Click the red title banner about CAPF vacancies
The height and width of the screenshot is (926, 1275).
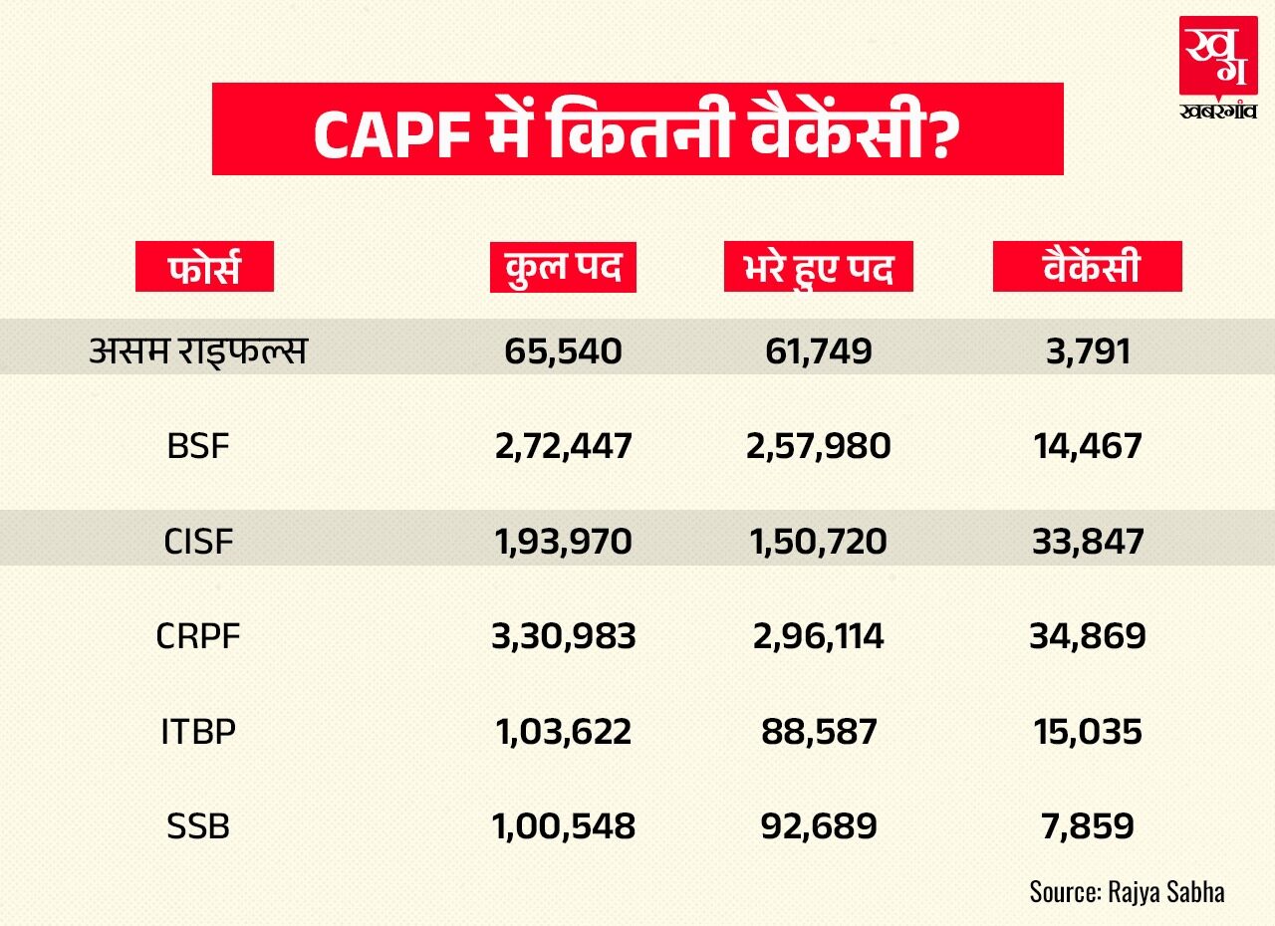(637, 129)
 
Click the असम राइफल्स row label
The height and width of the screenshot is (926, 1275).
(198, 350)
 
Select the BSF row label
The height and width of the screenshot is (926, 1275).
(198, 445)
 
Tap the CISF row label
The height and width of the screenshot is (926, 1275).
(198, 541)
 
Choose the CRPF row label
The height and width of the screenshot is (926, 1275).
(198, 636)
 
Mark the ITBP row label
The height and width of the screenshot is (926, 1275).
(198, 732)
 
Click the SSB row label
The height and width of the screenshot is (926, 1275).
(198, 826)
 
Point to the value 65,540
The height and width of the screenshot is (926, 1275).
(563, 350)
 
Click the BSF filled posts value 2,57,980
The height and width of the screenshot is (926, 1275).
(818, 445)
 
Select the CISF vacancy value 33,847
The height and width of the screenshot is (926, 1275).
(1087, 541)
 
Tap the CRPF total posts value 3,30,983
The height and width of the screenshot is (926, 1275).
(563, 636)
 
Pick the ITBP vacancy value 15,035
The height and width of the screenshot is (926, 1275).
(1087, 732)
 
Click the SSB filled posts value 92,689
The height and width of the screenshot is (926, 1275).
(818, 826)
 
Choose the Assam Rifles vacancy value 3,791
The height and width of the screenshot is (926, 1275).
(1087, 350)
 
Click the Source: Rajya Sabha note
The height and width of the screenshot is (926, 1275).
(1127, 890)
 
